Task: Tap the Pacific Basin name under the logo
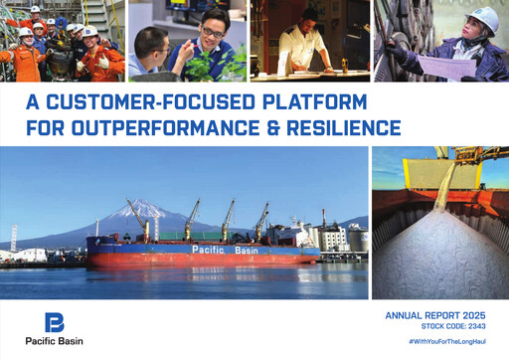pyautogui.click(x=55, y=342)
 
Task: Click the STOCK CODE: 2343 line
pyautogui.click(x=455, y=325)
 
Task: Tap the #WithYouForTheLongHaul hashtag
pyautogui.click(x=450, y=342)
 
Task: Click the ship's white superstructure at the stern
pyautogui.click(x=298, y=234)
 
